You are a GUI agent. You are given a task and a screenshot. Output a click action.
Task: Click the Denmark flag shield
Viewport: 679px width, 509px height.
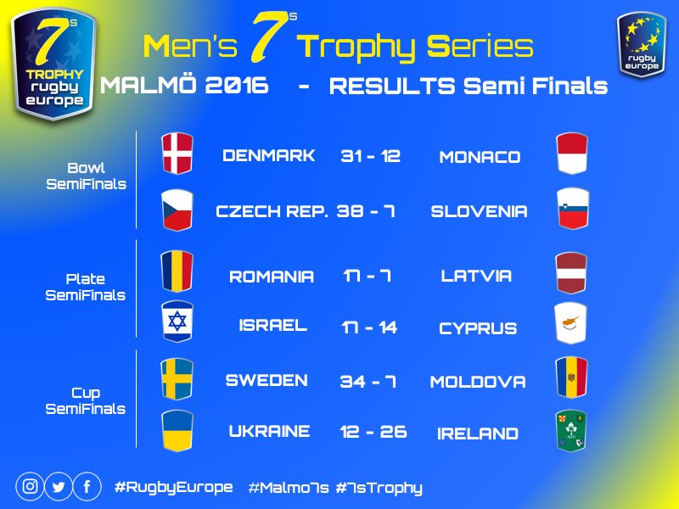(x=177, y=154)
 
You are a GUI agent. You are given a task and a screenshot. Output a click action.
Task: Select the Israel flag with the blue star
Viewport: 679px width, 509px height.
(x=177, y=322)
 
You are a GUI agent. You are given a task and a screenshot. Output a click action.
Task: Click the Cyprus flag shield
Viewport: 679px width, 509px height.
(x=571, y=324)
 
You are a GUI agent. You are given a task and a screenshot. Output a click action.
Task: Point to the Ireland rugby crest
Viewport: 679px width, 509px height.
(x=571, y=430)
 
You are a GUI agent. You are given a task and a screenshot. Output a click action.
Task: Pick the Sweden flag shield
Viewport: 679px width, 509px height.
(x=177, y=378)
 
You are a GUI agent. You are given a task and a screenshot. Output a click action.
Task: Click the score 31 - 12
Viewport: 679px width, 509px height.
(x=370, y=157)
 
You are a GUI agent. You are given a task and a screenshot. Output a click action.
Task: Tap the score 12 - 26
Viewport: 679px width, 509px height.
(x=373, y=432)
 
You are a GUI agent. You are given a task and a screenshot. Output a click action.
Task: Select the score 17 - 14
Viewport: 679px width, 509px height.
(x=370, y=327)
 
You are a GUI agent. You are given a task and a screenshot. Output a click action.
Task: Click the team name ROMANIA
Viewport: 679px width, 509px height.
(x=272, y=277)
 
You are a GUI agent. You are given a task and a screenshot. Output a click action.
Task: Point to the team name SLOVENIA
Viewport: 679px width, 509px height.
(x=479, y=211)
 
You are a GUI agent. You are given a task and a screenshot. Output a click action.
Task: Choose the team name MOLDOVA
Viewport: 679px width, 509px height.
(x=478, y=382)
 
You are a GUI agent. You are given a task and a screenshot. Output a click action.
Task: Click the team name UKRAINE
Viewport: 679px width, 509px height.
(x=269, y=432)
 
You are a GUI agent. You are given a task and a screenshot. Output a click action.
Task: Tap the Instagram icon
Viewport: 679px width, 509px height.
(x=31, y=487)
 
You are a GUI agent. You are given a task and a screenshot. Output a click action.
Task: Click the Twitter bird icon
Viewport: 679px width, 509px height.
(x=59, y=487)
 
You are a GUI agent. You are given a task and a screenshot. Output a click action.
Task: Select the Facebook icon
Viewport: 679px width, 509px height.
(x=87, y=487)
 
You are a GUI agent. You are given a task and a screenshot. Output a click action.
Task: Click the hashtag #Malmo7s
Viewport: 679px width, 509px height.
(x=289, y=488)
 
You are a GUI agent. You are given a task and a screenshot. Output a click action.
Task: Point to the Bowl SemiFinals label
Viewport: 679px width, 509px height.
(x=86, y=176)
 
